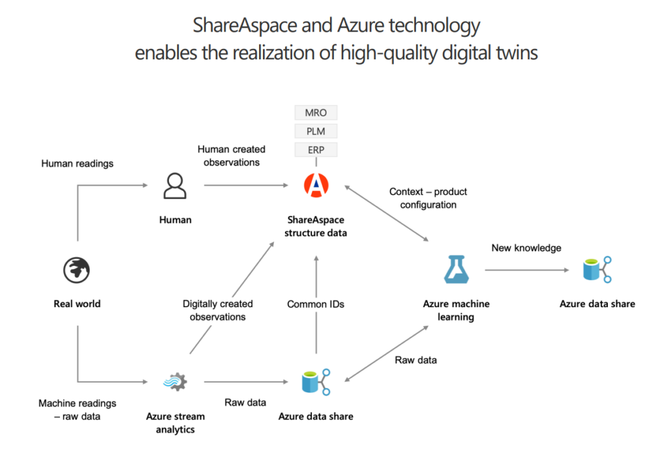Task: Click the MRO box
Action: pos(316,113)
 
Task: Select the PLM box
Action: pos(316,131)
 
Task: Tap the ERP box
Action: pos(316,150)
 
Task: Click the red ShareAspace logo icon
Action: pos(316,186)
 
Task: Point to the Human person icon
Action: pos(175,186)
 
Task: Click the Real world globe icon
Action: pos(77,270)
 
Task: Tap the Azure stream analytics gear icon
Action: pos(175,382)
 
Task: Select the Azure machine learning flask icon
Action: pos(456,269)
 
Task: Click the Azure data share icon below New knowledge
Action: pos(597,269)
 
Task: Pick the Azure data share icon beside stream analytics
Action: pos(316,382)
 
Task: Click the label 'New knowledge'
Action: pos(527,248)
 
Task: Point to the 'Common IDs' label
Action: pos(315,304)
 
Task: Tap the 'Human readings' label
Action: pos(77,164)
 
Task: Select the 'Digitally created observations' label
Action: pos(218,310)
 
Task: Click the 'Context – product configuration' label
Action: pos(428,198)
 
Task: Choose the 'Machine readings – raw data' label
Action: pos(77,410)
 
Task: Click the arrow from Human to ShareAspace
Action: pos(246,186)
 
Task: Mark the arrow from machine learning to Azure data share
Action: pos(527,270)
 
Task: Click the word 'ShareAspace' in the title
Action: pos(245,25)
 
